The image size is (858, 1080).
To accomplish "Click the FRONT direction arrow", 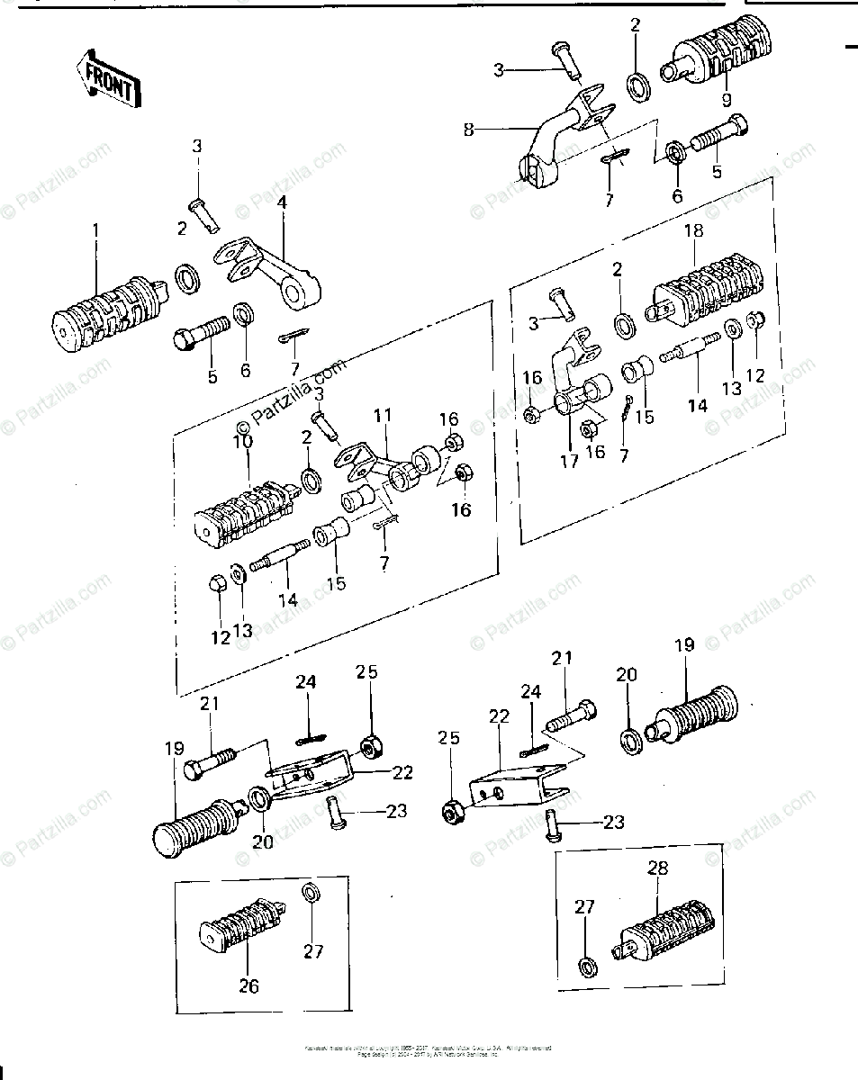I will click(106, 78).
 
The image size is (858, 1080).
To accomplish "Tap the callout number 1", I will click(96, 232).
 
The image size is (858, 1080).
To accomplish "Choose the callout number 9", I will click(726, 99).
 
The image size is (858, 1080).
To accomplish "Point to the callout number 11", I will click(384, 416).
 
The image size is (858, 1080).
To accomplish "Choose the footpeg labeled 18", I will click(706, 291).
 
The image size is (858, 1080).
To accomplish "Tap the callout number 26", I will click(248, 986).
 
